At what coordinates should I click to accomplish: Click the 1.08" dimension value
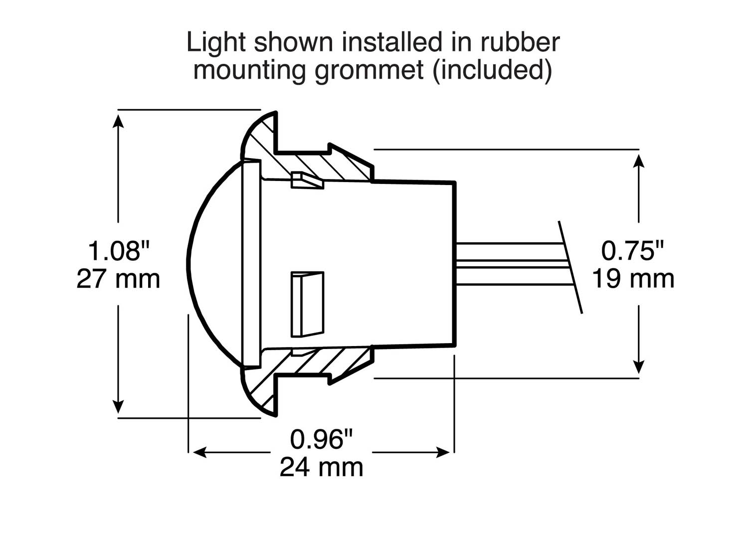coord(119,251)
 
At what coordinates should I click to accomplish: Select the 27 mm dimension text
coord(118,279)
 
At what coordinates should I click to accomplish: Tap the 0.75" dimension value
coord(633,250)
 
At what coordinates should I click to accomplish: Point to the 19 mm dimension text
coord(633,279)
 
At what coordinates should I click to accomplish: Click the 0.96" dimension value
coord(322,439)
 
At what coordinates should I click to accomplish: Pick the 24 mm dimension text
coord(322,468)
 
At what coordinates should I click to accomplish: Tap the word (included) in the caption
coord(492,70)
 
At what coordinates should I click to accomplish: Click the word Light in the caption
coord(217,42)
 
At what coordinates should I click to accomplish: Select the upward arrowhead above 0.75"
coord(639,160)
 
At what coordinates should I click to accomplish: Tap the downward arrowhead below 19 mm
coord(639,368)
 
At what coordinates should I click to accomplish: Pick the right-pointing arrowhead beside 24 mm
coord(443,453)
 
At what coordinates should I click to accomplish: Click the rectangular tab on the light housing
coord(307,304)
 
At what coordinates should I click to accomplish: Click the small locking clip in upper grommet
coord(307,181)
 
